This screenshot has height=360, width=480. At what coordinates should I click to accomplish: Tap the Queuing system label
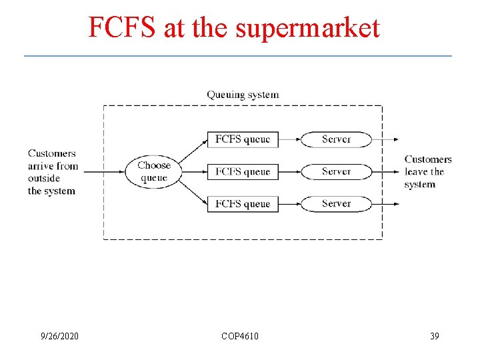coord(243,95)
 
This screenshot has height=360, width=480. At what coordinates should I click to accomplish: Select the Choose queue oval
coord(154,171)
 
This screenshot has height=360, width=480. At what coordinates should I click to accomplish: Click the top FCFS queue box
coord(243,139)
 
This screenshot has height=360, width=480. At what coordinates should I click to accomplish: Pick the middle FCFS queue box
coord(243,171)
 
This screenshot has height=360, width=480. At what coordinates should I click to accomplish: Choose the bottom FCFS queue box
coord(243,203)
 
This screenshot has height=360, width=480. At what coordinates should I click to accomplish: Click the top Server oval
coord(336,139)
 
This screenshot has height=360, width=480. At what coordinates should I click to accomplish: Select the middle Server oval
coord(336,171)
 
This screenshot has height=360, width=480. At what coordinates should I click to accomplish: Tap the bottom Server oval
coord(336,203)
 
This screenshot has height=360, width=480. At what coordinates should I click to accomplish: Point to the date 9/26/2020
coord(59,336)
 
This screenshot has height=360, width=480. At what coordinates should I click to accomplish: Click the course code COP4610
coord(240,336)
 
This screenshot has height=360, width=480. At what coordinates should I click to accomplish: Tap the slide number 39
coord(434,336)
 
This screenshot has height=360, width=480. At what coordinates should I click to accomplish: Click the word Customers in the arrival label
coord(52,153)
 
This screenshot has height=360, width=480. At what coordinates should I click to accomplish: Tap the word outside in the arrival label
coord(44,178)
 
